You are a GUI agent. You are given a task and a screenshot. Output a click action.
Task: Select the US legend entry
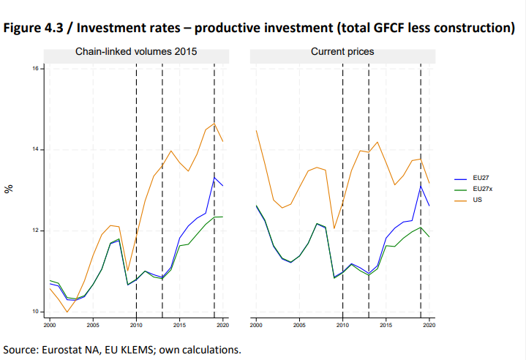coord(477,199)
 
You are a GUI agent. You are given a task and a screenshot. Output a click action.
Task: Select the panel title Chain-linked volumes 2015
coord(136,52)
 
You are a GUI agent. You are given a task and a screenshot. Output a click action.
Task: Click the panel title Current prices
coord(342,52)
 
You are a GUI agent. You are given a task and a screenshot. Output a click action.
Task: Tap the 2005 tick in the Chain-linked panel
coord(93,323)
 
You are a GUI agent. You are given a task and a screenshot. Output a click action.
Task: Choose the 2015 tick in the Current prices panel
coord(386,323)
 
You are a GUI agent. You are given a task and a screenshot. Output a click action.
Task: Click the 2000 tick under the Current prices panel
coord(256,323)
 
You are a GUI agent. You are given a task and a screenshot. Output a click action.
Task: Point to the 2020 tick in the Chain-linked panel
coord(222,323)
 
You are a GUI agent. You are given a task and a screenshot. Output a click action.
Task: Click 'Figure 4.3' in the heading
coord(32,28)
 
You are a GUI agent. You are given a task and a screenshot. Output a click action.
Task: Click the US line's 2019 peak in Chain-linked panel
coord(214,123)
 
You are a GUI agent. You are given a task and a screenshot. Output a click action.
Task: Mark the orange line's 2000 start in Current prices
coord(256,130)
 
